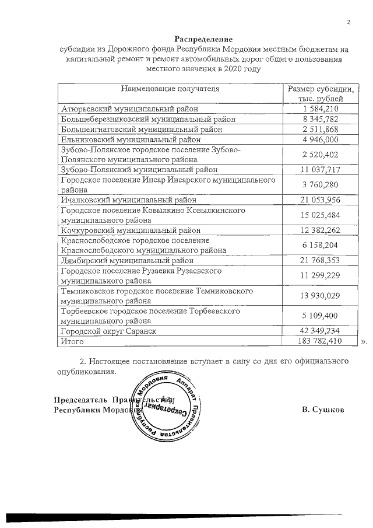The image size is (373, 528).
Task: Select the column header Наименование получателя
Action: pos(170,89)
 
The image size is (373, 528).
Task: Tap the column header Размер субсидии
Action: pos(321,89)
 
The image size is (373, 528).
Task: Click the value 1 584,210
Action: pos(321,109)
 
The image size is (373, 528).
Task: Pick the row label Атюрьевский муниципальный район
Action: pos(129,109)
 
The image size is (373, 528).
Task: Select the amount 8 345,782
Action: pos(321,119)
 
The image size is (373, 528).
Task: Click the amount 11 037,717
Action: pos(321,169)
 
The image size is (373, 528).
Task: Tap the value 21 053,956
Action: pos(321,200)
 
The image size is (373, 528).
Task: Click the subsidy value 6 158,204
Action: pos(321,245)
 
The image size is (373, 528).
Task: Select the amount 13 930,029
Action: pos(321,296)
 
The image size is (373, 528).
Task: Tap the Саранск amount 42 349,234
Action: pos(321,331)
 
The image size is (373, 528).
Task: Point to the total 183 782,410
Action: pos(321,341)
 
